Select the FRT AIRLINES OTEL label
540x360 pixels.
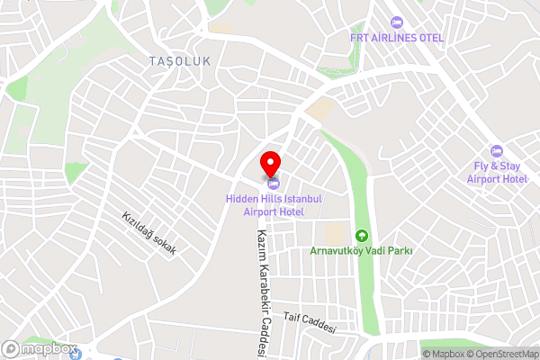pos(397,37)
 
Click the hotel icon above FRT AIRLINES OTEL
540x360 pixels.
pos(397,22)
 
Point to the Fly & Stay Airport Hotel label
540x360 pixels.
pos(496,172)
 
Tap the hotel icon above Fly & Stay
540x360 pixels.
pos(496,149)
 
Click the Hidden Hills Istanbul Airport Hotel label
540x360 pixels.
pos(274,204)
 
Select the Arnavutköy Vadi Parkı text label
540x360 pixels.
pos(361,251)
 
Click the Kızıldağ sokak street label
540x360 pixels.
pos(149,233)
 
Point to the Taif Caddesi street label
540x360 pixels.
pos(309,323)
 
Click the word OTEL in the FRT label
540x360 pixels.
pos(429,37)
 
